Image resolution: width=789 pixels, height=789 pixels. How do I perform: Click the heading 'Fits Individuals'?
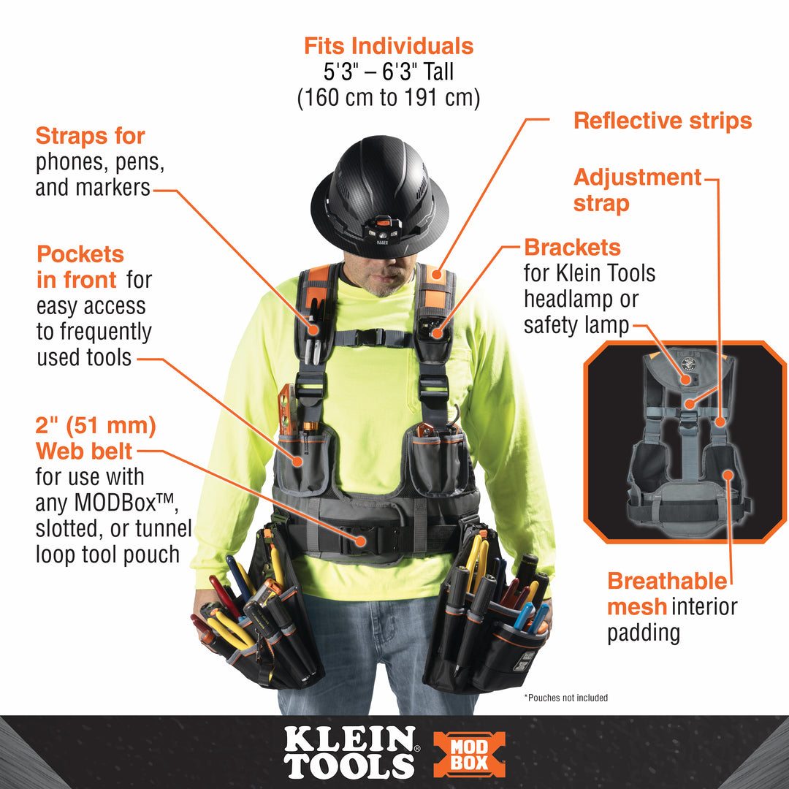point(389,47)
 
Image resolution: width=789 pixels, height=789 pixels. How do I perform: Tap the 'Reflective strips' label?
point(663,121)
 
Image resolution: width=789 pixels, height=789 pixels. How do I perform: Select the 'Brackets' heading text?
point(572,247)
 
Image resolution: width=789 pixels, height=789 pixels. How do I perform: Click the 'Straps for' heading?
point(91,136)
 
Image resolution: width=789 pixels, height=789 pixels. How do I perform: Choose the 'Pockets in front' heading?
point(80,267)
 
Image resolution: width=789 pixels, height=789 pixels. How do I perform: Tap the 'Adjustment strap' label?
point(636,189)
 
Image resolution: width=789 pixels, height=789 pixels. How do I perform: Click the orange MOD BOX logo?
point(469,755)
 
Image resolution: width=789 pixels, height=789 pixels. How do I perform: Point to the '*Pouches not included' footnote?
point(565,698)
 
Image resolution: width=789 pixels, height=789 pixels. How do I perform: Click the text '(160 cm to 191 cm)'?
point(389,97)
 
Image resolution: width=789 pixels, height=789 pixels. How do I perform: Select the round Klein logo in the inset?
point(687,362)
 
